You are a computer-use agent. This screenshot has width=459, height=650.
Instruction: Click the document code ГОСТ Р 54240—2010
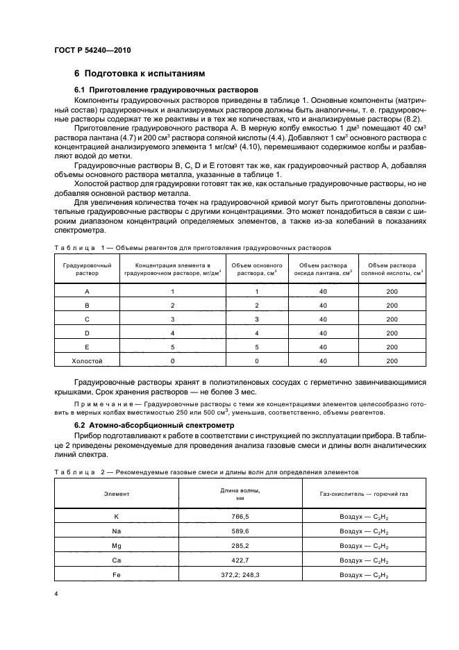click(x=93, y=51)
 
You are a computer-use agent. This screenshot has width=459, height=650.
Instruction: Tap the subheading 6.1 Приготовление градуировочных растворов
click(x=166, y=90)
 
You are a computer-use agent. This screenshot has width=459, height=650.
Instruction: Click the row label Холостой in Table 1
click(x=87, y=361)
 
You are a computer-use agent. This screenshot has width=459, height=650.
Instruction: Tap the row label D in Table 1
click(x=87, y=333)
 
